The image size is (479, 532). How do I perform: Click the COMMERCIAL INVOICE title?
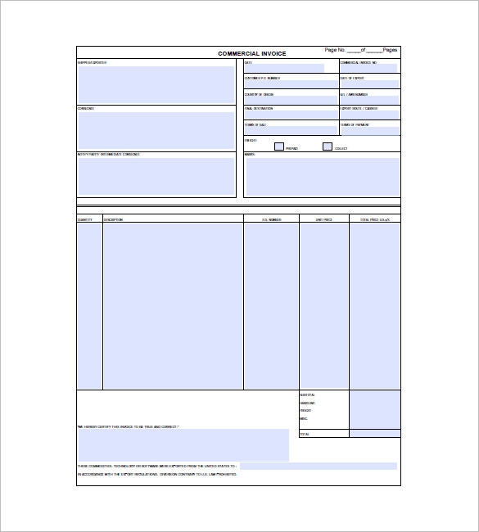click(x=251, y=54)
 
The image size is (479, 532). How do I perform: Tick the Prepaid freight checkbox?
click(x=279, y=147)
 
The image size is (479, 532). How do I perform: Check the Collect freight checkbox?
click(x=328, y=147)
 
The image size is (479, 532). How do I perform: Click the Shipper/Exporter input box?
click(x=156, y=84)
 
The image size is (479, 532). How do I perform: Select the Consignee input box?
click(x=156, y=129)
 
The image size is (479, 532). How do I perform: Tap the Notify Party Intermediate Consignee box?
click(x=156, y=176)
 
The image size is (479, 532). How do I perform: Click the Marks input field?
click(x=322, y=177)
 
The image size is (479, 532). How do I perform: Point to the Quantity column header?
click(x=85, y=219)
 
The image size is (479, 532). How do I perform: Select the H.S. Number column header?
click(x=271, y=219)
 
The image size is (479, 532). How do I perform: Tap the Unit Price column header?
click(x=324, y=219)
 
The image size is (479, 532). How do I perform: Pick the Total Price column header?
click(x=375, y=219)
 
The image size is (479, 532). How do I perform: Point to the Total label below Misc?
click(x=305, y=434)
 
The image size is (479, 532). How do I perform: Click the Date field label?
click(x=248, y=62)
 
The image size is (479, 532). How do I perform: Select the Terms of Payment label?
click(x=354, y=124)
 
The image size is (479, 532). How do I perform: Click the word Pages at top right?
click(x=390, y=50)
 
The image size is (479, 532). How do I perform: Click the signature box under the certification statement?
click(x=183, y=444)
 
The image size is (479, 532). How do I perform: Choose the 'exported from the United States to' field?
click(x=319, y=466)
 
